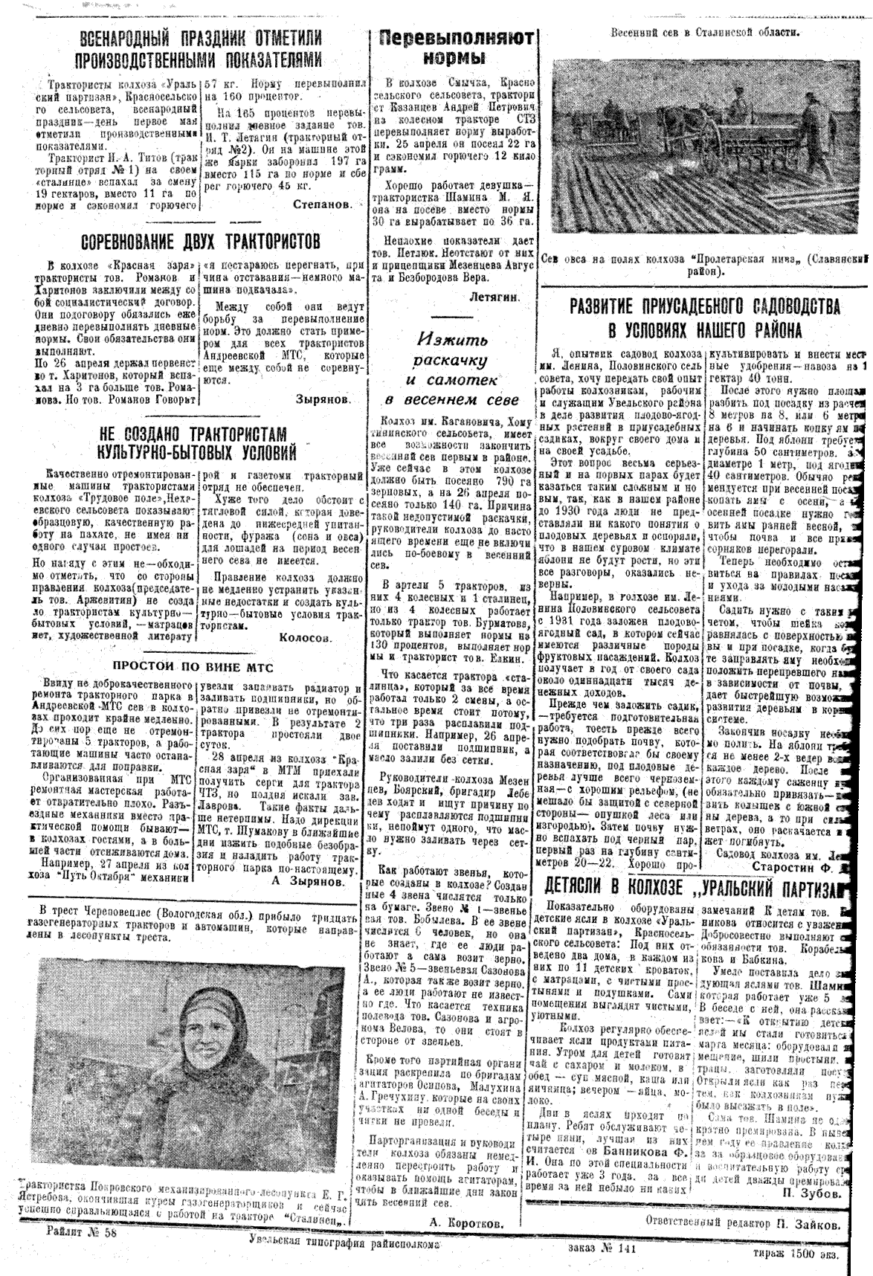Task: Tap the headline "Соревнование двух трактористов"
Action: (x=200, y=242)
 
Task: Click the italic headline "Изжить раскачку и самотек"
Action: (x=453, y=370)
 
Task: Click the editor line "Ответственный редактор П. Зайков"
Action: (x=746, y=1224)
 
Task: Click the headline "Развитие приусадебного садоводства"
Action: (x=705, y=318)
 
